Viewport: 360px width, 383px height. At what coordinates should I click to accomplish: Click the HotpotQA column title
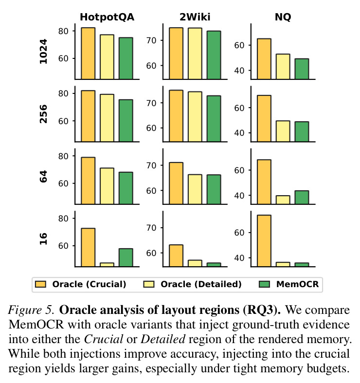[x=107, y=17]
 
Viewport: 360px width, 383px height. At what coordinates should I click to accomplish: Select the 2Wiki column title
[x=195, y=17]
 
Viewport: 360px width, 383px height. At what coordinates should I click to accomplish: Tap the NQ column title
[x=283, y=17]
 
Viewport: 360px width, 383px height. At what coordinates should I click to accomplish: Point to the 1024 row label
[x=43, y=52]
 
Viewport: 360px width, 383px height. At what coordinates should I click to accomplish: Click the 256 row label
[x=43, y=114]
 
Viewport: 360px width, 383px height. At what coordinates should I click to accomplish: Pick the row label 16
[x=43, y=239]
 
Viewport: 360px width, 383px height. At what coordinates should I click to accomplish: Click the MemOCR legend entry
[x=288, y=284]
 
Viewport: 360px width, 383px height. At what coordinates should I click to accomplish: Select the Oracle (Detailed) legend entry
[x=193, y=284]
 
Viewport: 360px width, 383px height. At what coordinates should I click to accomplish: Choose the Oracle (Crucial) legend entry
[x=81, y=284]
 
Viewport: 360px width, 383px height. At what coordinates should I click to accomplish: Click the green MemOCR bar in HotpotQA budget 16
[x=126, y=257]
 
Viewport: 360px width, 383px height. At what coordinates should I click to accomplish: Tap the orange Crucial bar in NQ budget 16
[x=264, y=240]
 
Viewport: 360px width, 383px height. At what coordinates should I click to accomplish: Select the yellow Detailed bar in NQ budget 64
[x=283, y=200]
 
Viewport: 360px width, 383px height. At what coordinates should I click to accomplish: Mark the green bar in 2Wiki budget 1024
[x=214, y=55]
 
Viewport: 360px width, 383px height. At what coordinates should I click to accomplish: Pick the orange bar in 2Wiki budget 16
[x=176, y=255]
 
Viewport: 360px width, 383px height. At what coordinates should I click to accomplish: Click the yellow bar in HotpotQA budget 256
[x=107, y=118]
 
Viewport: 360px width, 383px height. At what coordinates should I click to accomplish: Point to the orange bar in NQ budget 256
[x=264, y=118]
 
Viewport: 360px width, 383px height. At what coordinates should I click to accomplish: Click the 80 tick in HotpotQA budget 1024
[x=63, y=31]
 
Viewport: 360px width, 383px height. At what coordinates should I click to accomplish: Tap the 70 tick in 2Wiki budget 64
[x=151, y=165]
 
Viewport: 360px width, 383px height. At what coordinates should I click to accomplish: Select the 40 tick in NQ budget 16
[x=239, y=258]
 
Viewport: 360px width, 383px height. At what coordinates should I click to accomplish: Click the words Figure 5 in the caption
[x=31, y=310]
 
